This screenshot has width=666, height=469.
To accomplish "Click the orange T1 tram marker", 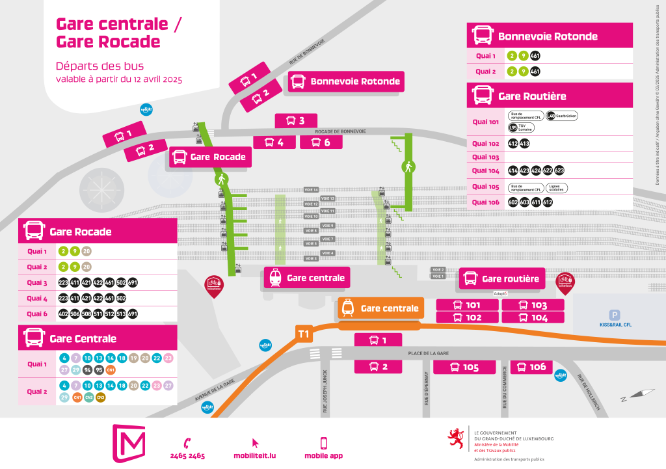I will coord(304,334).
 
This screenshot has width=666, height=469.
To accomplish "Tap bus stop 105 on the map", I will coord(465,368).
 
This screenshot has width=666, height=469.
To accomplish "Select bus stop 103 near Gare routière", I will coord(532,305).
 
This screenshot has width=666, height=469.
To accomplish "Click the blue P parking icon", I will coord(615,315).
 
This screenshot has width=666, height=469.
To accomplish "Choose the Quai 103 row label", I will coord(485,157).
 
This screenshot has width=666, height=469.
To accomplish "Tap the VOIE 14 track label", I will coord(312,189).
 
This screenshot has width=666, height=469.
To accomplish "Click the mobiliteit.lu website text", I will coord(254,455).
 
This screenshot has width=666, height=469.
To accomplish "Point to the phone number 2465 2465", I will coord(187,455).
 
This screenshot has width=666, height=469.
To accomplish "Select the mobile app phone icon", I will coord(323,442).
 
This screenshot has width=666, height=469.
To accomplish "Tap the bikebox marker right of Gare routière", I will coord(565,282).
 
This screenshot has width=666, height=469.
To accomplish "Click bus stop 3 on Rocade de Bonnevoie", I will coord(296,121).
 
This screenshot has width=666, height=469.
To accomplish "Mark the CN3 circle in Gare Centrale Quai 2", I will coord(101,397).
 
